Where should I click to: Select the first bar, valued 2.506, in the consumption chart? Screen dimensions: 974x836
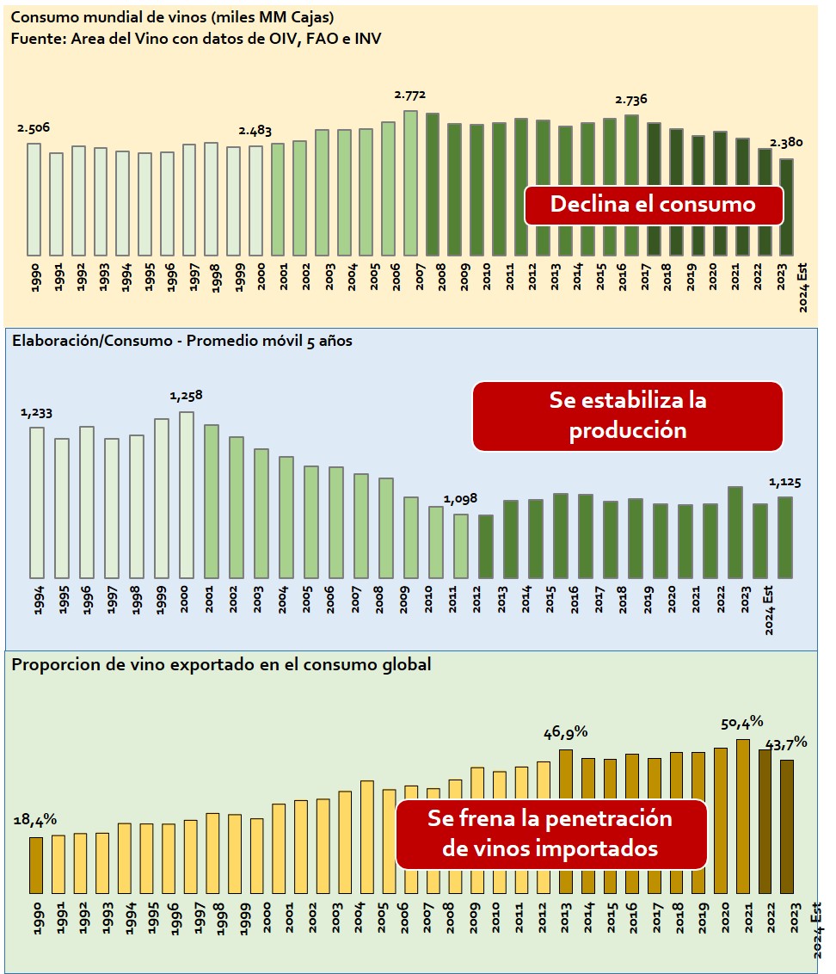(x=34, y=199)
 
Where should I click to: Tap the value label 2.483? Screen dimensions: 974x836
(x=255, y=131)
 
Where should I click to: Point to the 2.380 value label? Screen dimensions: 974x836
(x=787, y=143)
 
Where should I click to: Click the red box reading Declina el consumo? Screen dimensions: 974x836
(x=653, y=205)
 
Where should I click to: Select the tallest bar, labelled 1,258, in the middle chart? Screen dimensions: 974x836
(x=187, y=495)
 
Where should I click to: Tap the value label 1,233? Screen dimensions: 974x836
(x=37, y=412)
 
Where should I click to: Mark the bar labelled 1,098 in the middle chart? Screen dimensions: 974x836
(x=461, y=546)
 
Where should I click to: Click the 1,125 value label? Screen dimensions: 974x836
(x=784, y=483)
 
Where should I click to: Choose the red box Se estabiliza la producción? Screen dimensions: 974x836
(x=628, y=416)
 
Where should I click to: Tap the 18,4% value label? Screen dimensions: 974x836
(x=35, y=820)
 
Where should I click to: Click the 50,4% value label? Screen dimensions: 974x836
(x=741, y=722)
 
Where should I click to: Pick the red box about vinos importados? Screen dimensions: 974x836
(x=550, y=834)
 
